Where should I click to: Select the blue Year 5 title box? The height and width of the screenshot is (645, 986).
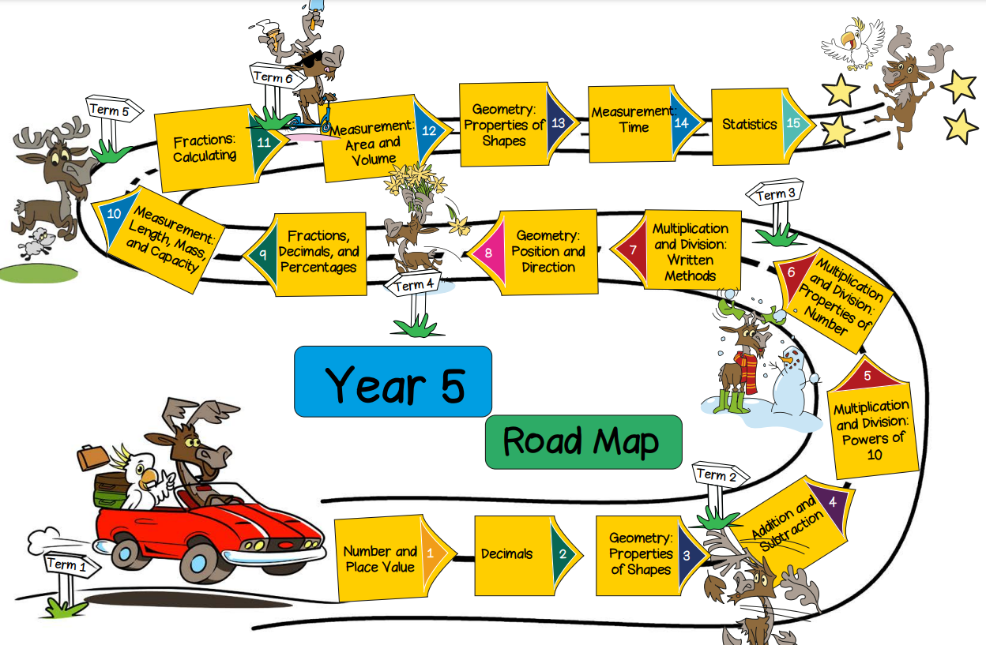pyautogui.click(x=393, y=381)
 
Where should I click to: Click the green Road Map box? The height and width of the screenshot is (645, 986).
pyautogui.click(x=582, y=441)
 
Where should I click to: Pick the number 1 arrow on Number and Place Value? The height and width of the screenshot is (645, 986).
pyautogui.click(x=431, y=553)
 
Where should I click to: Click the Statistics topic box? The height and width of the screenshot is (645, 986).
pyautogui.click(x=751, y=125)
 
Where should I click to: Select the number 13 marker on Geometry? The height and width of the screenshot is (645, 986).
pyautogui.click(x=559, y=123)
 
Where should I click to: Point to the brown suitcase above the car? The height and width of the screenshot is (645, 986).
pyautogui.click(x=92, y=456)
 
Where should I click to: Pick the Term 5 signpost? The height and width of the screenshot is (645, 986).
pyautogui.click(x=111, y=111)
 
